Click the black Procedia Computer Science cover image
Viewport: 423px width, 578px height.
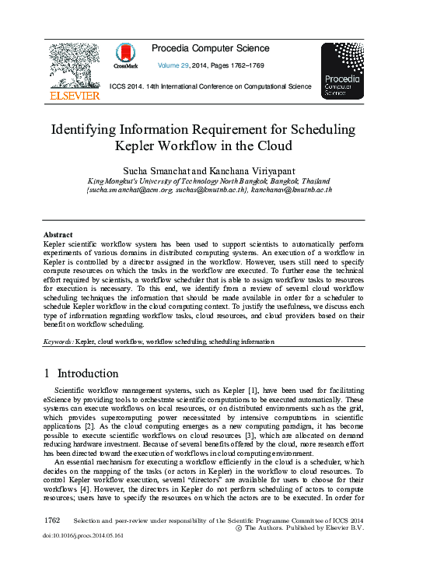[341, 71]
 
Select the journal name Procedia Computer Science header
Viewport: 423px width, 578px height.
[211, 49]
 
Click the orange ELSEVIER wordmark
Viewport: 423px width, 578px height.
[74, 96]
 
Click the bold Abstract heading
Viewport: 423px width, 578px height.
[58, 235]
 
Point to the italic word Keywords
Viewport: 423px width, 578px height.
[58, 342]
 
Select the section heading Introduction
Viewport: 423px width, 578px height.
[88, 373]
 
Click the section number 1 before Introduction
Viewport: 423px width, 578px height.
[47, 373]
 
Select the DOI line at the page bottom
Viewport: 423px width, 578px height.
[82, 536]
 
